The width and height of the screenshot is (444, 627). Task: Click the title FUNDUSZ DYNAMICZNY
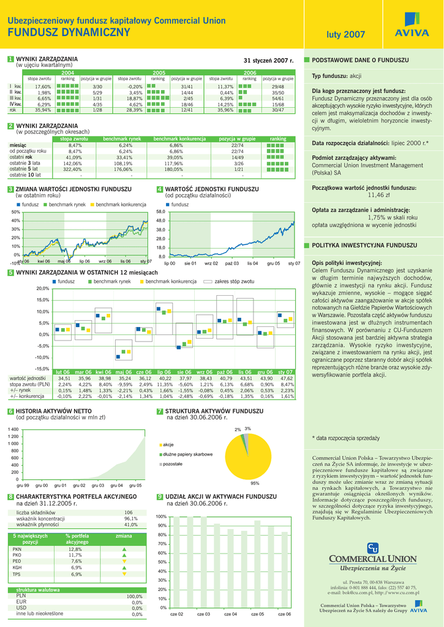coord(69,32)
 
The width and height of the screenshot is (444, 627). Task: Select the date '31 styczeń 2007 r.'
coord(269,61)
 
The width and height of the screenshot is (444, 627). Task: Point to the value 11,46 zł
coord(378,195)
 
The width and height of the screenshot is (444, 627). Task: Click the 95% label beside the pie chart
coord(255,483)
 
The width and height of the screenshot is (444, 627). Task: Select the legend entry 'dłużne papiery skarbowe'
coord(187,454)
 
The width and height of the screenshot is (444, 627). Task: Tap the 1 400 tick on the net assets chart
coord(13,429)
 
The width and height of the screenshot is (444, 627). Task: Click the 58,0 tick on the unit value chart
coord(161,211)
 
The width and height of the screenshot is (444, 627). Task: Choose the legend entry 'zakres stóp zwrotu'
coord(233,281)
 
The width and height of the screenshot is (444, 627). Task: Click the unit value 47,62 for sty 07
coord(287,378)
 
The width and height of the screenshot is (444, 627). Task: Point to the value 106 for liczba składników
coord(129,512)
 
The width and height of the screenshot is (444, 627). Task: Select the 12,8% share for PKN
coord(75,549)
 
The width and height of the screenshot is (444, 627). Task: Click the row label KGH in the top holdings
coord(17,568)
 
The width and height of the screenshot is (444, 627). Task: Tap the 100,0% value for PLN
coord(134,596)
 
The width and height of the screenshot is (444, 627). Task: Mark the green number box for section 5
coord(10,272)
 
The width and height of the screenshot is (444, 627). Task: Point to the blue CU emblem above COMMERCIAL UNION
coord(372,547)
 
